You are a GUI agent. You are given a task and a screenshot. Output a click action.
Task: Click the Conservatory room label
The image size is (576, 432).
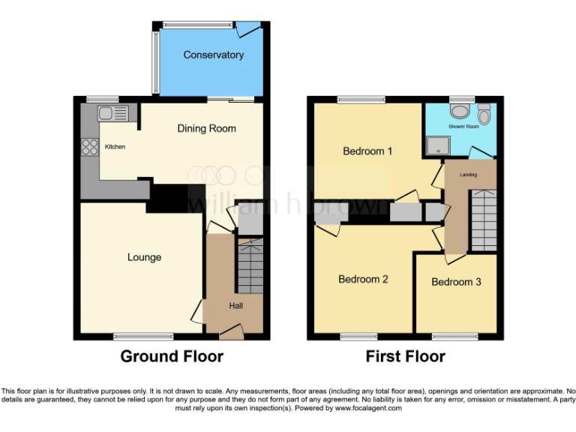(x=214, y=55)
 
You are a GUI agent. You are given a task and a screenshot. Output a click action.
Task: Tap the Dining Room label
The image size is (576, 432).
(x=206, y=128)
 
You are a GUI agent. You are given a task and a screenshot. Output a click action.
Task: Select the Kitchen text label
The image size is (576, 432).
(x=115, y=147)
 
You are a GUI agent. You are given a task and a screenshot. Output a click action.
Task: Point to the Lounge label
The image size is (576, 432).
(x=144, y=257)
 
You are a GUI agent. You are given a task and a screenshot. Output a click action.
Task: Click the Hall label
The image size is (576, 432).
(x=235, y=305)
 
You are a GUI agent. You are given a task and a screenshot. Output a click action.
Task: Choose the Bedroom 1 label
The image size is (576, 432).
(x=367, y=151)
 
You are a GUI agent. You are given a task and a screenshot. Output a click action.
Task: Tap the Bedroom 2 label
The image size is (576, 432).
(x=363, y=279)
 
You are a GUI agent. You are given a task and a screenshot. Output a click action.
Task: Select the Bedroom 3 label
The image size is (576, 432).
(x=456, y=282)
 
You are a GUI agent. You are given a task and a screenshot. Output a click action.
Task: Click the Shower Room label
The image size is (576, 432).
(x=463, y=127)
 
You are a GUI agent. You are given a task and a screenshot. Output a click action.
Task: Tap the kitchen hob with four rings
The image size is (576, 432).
(x=91, y=146)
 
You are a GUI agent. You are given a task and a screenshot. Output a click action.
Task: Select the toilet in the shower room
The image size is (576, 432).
(x=484, y=115)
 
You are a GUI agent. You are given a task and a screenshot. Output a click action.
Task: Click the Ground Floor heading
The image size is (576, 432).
(x=172, y=356)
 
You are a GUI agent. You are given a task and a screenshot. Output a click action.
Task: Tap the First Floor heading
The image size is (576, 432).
(x=405, y=356)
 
